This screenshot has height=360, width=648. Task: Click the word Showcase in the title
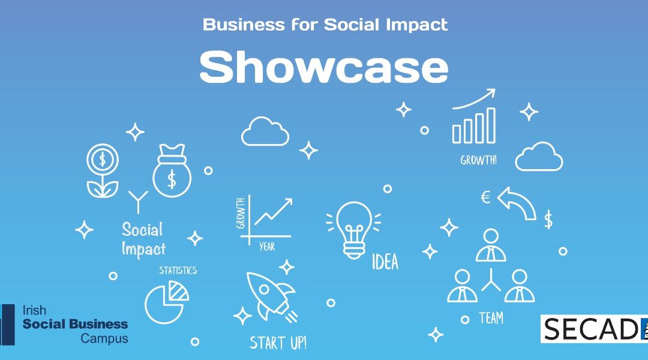tap(323, 67)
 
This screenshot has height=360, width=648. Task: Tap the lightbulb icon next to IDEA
tap(354, 230)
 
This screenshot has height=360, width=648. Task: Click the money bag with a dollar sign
tap(172, 170)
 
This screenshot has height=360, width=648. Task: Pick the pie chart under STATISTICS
tap(166, 302)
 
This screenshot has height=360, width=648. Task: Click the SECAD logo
tap(594, 329)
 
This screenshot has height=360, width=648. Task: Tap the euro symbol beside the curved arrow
tap(485, 197)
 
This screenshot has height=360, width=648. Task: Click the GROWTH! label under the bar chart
tap(479, 160)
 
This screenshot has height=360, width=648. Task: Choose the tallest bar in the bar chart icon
tap(491, 125)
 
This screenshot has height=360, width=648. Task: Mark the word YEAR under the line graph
tap(267, 247)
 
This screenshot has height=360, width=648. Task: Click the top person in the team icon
tap(491, 245)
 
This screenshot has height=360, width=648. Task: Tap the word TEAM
tap(491, 318)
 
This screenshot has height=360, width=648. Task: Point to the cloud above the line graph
tap(265, 131)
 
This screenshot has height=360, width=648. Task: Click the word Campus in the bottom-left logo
tap(104, 338)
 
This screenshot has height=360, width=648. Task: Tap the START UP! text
tap(278, 343)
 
